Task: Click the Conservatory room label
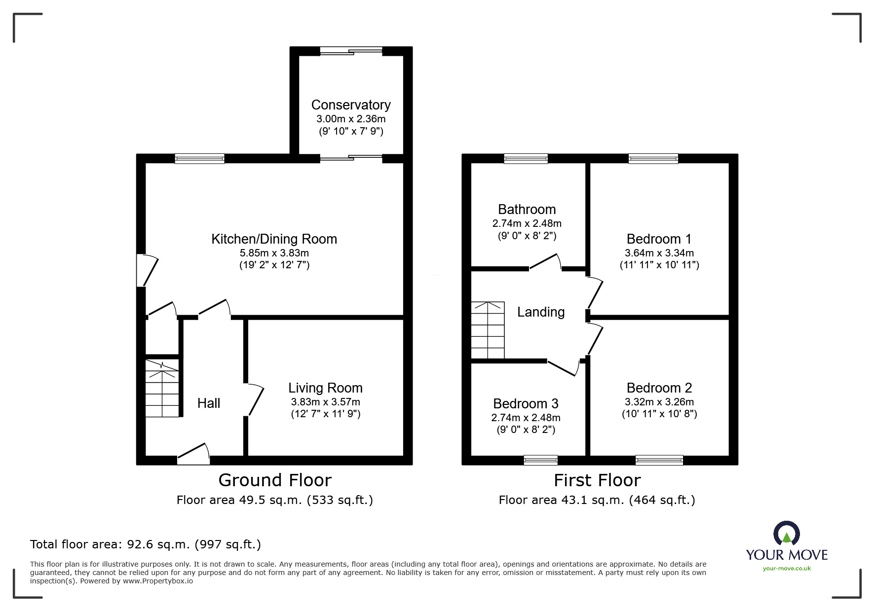[x=350, y=105]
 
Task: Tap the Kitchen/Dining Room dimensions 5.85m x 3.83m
[x=274, y=253]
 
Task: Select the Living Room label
[x=325, y=388]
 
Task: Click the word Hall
[x=209, y=403]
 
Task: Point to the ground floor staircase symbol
[x=162, y=389]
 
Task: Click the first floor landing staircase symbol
[x=488, y=330]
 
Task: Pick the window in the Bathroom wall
[x=526, y=158]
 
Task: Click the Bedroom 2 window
[x=659, y=460]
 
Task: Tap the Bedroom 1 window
[x=653, y=158]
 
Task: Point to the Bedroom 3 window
[x=540, y=460]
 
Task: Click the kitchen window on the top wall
[x=199, y=158]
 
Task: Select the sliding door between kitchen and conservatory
[x=351, y=158]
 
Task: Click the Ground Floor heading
[x=275, y=480]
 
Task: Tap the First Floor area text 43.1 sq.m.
[x=597, y=500]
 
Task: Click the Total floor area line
[x=146, y=544]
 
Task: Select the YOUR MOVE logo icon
[x=786, y=534]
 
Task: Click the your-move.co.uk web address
[x=787, y=569]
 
